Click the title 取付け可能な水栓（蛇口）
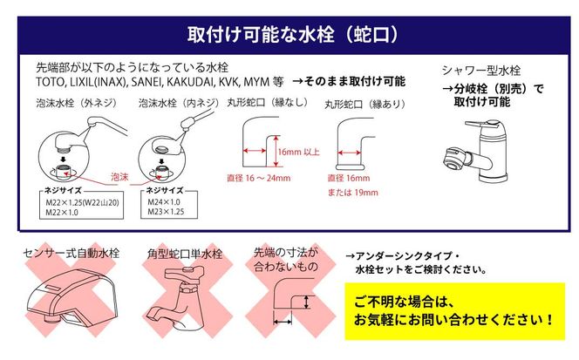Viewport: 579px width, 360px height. click(292, 35)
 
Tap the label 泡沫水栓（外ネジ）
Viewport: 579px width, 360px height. click(77, 103)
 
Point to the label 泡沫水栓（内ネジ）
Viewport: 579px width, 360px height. click(179, 103)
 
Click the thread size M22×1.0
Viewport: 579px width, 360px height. click(62, 213)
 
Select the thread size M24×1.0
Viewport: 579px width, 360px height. click(164, 202)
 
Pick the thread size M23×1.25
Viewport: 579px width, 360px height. click(166, 212)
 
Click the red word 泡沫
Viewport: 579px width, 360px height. click(119, 177)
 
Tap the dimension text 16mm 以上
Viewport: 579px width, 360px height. click(299, 152)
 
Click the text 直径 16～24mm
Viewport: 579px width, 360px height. click(259, 178)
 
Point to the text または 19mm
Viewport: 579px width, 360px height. click(353, 193)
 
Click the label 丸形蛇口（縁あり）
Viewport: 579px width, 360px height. click(365, 105)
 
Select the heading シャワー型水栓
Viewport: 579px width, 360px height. click(481, 70)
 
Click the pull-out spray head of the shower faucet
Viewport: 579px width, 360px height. click(457, 159)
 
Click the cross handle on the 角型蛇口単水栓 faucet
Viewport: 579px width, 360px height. click(184, 273)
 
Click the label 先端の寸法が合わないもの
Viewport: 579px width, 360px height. click(286, 259)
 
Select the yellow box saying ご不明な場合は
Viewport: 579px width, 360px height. click(455, 311)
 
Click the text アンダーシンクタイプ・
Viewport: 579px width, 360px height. click(403, 256)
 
